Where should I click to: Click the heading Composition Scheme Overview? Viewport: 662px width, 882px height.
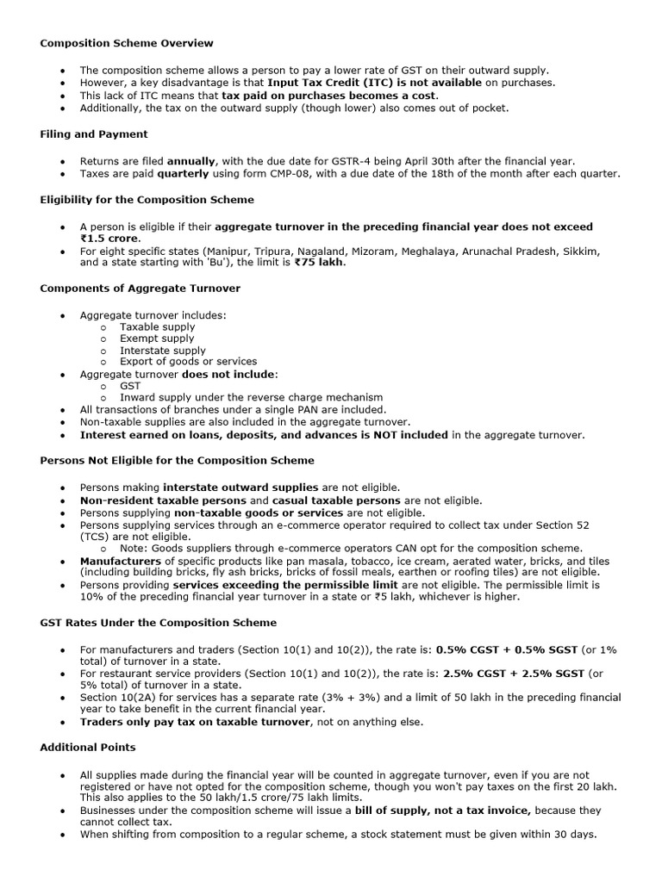[127, 43]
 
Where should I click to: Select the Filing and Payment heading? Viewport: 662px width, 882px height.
[94, 134]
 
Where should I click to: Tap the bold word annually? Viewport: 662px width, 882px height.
[190, 161]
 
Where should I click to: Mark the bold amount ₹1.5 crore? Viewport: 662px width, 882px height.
[110, 239]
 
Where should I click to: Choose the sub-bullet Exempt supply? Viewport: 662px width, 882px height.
[157, 339]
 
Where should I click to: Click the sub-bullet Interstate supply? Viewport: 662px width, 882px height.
[163, 351]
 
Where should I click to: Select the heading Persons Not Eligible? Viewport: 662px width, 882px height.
[177, 461]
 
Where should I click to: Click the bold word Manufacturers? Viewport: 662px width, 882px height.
[121, 561]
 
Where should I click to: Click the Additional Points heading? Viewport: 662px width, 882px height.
[88, 748]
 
